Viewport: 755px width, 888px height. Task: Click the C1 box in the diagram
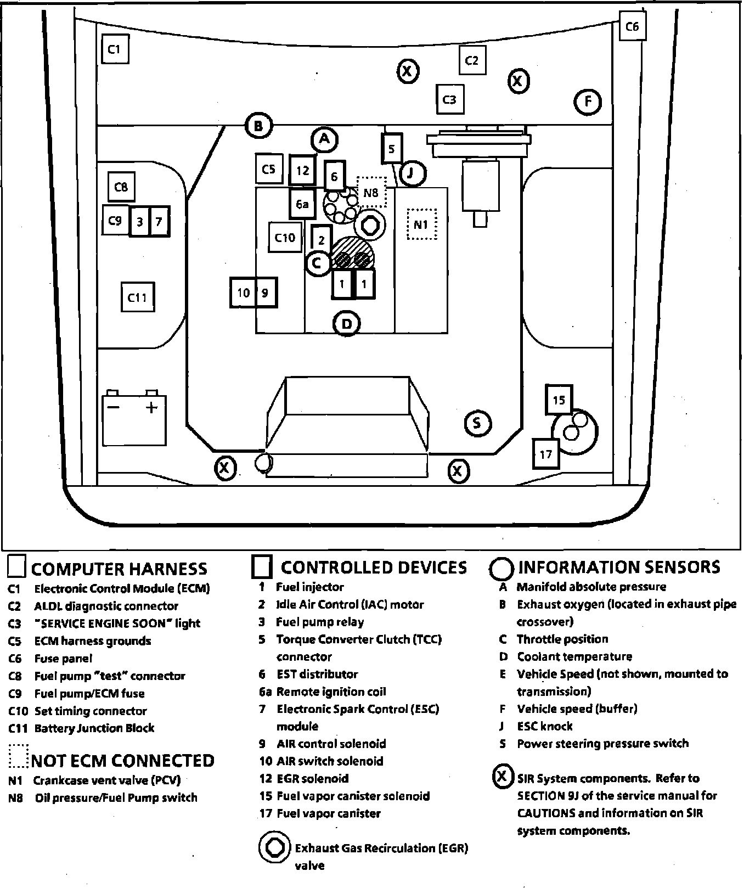(x=115, y=50)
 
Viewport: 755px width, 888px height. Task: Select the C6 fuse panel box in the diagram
(x=632, y=26)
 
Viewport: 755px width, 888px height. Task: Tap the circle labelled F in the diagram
(x=588, y=102)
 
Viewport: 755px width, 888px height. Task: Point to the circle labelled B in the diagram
(x=258, y=126)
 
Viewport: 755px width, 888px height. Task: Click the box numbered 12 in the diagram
(x=302, y=171)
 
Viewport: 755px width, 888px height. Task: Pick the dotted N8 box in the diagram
(x=371, y=192)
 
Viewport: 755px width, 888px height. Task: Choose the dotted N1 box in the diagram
(x=421, y=224)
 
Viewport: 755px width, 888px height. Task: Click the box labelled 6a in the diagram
(x=302, y=205)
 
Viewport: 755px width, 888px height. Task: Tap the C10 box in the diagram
(x=285, y=237)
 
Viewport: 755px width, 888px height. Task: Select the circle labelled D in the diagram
(x=347, y=323)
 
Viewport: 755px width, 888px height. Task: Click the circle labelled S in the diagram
(x=477, y=423)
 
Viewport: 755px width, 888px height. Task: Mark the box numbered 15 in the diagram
(x=559, y=400)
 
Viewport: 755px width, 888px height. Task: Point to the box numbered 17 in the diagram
(x=546, y=453)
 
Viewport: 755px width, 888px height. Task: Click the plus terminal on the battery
(x=151, y=407)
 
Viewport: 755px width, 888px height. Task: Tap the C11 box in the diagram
(x=137, y=297)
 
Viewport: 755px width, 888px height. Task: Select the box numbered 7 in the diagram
(x=159, y=221)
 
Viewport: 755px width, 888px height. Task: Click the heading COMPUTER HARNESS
(x=119, y=569)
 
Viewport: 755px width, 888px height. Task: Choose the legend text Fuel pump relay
(x=319, y=622)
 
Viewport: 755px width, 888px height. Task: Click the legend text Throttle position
(x=562, y=639)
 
